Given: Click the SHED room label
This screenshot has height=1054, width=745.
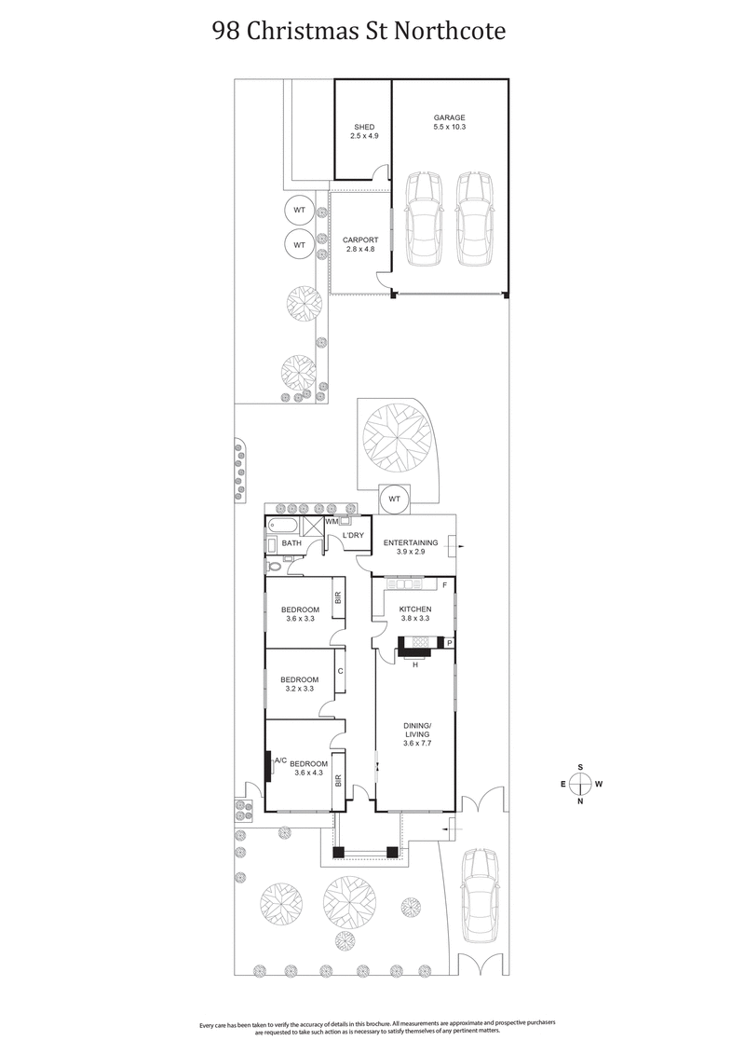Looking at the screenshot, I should click(x=363, y=128).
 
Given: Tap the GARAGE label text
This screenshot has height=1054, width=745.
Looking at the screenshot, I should click(x=449, y=118).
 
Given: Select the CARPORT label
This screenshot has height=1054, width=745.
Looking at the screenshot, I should click(x=360, y=240).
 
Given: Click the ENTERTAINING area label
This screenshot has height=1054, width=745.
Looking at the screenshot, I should click(x=411, y=542).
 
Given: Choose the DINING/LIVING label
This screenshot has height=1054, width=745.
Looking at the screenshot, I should click(x=417, y=730).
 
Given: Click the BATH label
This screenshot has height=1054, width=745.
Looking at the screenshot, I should click(x=291, y=543).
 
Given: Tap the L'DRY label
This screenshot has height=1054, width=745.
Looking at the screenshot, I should click(x=353, y=536).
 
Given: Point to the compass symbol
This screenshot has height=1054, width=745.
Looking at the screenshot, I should click(x=581, y=784).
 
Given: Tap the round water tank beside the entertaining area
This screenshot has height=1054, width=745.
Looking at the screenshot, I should click(x=393, y=500).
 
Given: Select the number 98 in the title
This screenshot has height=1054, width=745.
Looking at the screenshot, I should click(x=224, y=32).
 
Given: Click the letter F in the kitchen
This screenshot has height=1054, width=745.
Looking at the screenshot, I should click(x=445, y=585).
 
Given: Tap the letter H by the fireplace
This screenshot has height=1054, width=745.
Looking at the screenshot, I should click(x=414, y=664).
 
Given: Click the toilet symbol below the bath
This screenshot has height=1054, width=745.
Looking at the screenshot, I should click(x=273, y=565).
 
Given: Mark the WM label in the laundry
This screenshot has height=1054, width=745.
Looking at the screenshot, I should click(x=332, y=523).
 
